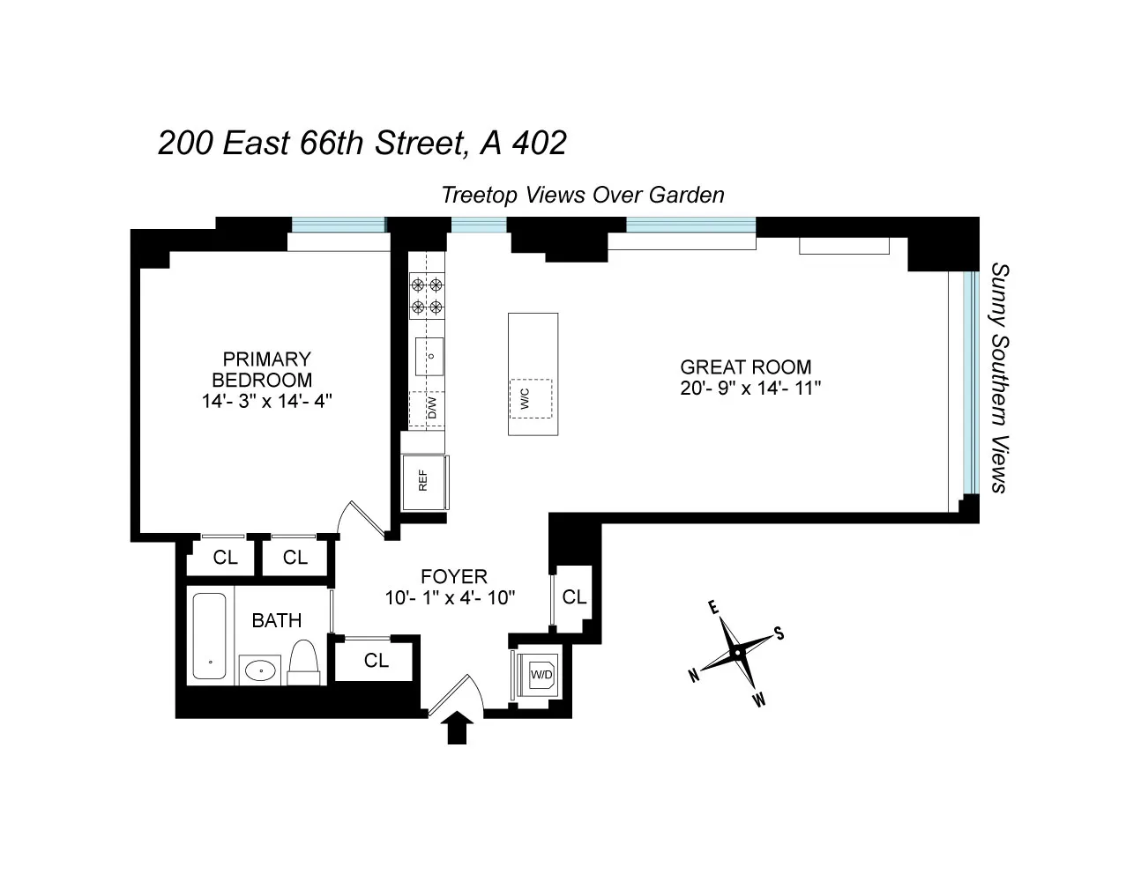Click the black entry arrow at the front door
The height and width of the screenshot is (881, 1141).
pyautogui.click(x=457, y=728)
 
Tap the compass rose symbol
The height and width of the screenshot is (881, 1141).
pyautogui.click(x=735, y=653)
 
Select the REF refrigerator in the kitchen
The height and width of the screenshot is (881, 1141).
pyautogui.click(x=424, y=481)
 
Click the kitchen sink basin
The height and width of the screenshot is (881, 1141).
pyautogui.click(x=429, y=355)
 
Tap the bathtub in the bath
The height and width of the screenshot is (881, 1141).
pyautogui.click(x=210, y=634)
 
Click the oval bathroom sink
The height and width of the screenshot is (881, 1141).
pyautogui.click(x=260, y=671)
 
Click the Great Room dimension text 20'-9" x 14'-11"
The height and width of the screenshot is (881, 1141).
pyautogui.click(x=750, y=388)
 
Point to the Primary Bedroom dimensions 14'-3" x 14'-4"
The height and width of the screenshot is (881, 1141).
pyautogui.click(x=266, y=402)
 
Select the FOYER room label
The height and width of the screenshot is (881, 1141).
pyautogui.click(x=453, y=577)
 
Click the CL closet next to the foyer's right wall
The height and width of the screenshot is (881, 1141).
pyautogui.click(x=574, y=597)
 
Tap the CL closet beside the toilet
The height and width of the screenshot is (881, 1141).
pyautogui.click(x=376, y=660)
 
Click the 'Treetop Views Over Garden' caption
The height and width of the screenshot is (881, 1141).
pyautogui.click(x=582, y=195)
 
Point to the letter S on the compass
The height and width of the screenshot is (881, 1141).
pyautogui.click(x=779, y=633)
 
